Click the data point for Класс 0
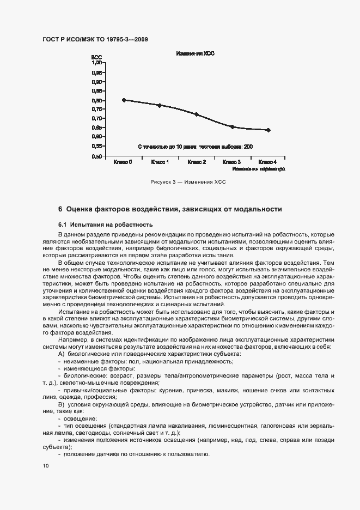coord(124,100)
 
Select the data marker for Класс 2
coord(197,114)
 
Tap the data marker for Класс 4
coord(269,130)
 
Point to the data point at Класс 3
coord(232,127)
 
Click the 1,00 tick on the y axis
coord(96,63)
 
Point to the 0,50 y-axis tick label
coord(96,156)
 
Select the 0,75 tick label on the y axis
coord(96,110)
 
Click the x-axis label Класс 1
coord(160,162)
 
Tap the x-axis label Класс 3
coord(232,162)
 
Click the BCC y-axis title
coord(96,57)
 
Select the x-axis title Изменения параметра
coord(259,169)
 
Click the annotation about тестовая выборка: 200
coord(195,147)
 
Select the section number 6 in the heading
coord(60,209)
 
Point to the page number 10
coord(46,466)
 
